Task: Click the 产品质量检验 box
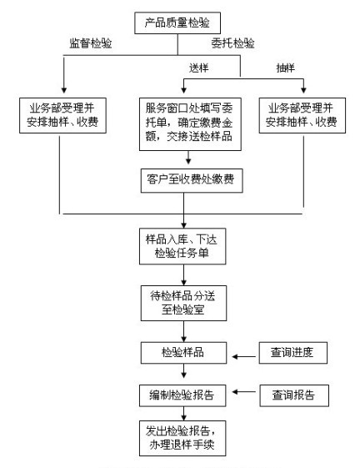177,23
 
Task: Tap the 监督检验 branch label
91,43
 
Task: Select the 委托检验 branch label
233,43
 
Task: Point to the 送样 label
198,68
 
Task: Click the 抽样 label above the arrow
286,68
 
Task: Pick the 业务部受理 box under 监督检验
63,115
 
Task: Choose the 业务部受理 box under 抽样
302,115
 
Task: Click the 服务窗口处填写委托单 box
190,124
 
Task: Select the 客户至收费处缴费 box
192,180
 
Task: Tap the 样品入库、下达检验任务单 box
182,246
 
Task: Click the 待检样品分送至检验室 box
183,304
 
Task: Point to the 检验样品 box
183,353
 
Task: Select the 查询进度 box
292,353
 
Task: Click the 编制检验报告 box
182,395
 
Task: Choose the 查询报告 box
294,395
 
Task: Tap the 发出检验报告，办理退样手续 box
182,438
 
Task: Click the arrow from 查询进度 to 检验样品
244,356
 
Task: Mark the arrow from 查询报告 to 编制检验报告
244,391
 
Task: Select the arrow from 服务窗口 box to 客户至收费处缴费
188,158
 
